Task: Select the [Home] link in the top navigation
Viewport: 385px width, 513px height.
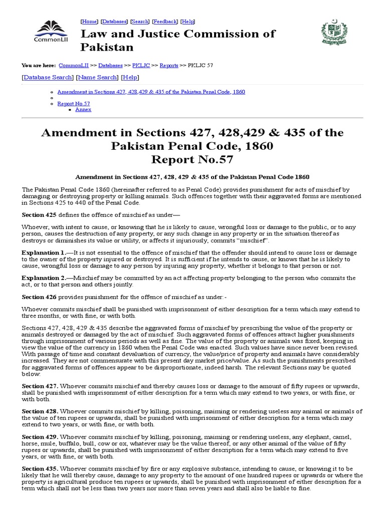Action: [89, 22]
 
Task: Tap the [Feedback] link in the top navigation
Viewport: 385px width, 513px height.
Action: [165, 22]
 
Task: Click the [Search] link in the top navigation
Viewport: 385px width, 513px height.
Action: [140, 22]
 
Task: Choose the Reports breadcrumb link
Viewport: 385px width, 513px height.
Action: [168, 66]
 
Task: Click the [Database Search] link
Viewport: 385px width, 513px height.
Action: [48, 78]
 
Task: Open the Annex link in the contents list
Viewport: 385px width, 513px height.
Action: [83, 109]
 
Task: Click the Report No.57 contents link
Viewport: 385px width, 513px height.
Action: [74, 103]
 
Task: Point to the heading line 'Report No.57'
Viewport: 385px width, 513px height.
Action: [192, 160]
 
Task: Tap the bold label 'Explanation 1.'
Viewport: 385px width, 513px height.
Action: [43, 253]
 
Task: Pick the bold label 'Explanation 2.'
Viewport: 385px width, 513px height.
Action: [43, 278]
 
